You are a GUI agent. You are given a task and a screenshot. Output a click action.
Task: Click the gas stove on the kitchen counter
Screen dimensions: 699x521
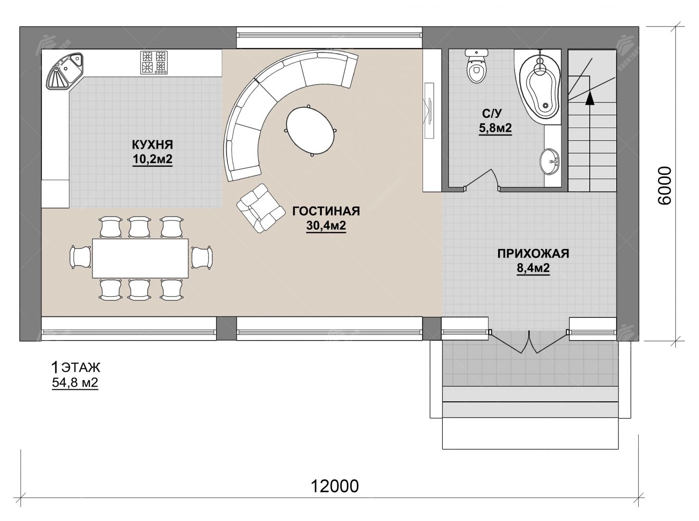click(x=154, y=63)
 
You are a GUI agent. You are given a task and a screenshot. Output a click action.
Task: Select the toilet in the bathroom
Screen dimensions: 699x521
click(x=476, y=66)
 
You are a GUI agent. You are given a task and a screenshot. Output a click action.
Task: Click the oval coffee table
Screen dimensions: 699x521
click(x=310, y=130)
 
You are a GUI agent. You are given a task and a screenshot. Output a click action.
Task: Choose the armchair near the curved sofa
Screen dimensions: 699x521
click(x=260, y=208)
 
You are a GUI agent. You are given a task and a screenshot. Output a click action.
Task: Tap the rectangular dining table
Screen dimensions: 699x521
click(x=140, y=258)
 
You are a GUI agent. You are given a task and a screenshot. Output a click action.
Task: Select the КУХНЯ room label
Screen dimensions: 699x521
click(x=153, y=145)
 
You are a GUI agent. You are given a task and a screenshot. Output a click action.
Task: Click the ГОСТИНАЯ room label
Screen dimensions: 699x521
click(x=326, y=211)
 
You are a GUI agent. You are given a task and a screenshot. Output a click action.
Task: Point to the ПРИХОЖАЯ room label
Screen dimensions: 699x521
click(x=533, y=254)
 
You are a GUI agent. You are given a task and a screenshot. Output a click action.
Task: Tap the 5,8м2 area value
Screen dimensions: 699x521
click(x=495, y=128)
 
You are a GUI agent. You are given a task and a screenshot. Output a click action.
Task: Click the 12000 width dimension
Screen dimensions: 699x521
click(x=335, y=486)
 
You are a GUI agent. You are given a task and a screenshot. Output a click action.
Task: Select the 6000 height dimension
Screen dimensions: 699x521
click(x=665, y=186)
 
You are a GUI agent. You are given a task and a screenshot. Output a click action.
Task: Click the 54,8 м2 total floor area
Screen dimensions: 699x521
click(x=75, y=383)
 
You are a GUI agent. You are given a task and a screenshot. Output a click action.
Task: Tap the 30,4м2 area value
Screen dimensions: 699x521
click(x=326, y=226)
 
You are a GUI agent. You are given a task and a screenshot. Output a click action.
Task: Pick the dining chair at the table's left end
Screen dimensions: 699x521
click(x=80, y=257)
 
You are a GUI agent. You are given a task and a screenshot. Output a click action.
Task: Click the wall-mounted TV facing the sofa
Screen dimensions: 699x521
click(x=429, y=110)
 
